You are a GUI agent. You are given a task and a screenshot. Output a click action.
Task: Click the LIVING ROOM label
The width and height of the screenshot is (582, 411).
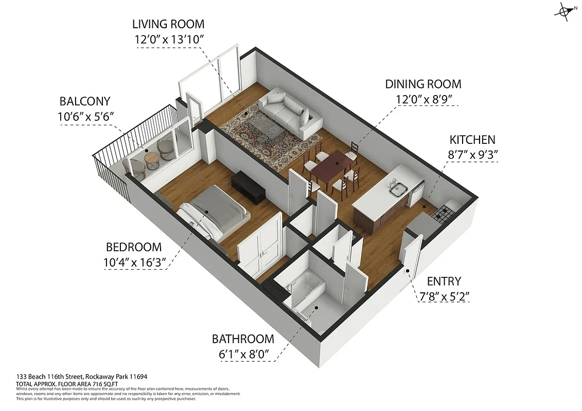click(x=168, y=24)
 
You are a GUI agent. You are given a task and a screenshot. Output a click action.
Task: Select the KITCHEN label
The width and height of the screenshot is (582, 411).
click(x=472, y=140)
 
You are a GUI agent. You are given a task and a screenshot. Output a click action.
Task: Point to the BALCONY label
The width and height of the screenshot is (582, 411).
click(x=84, y=101)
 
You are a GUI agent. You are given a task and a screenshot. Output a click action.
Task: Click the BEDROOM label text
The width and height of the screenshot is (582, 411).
click(x=134, y=247)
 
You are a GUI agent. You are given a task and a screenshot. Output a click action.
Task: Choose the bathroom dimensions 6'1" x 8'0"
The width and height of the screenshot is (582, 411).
click(x=242, y=354)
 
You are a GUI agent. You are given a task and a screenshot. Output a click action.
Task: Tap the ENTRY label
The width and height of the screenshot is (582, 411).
click(x=444, y=281)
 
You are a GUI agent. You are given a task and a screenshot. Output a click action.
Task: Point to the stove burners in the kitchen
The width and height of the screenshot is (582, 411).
click(x=443, y=213)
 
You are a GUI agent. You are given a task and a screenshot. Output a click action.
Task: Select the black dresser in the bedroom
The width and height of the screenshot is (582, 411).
click(x=248, y=185)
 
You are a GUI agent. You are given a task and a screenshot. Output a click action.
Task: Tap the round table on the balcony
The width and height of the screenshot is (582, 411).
click(x=151, y=158)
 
